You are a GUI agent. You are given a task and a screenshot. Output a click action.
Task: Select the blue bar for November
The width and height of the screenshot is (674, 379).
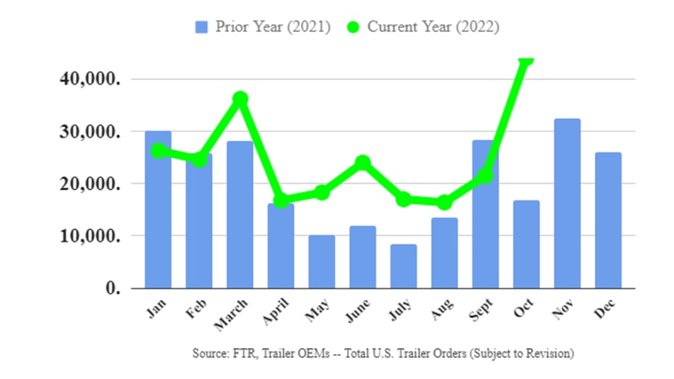click(567, 203)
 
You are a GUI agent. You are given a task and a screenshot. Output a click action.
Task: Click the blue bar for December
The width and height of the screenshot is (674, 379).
click(608, 220)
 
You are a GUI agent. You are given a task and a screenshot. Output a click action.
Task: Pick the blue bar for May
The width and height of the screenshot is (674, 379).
click(322, 262)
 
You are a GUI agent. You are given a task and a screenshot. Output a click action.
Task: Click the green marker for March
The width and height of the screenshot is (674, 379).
click(240, 99)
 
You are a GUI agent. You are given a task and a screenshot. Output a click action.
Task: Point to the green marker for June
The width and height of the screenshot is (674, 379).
click(362, 163)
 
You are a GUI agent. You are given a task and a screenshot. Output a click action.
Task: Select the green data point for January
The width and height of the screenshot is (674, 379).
click(158, 151)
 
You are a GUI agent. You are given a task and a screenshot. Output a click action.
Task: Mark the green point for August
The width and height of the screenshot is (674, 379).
click(444, 203)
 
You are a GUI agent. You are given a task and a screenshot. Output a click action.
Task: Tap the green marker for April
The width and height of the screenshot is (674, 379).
click(281, 200)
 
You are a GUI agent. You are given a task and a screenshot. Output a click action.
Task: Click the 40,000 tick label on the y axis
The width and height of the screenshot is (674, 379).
click(90, 79)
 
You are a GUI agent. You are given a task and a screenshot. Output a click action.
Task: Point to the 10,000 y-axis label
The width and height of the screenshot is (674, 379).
click(90, 236)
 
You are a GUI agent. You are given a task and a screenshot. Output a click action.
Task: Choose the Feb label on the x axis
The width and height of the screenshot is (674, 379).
click(196, 310)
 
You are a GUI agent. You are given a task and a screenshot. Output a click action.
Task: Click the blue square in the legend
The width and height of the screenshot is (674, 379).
click(202, 27)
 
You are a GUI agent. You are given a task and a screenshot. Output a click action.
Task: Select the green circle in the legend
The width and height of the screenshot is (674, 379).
click(353, 27)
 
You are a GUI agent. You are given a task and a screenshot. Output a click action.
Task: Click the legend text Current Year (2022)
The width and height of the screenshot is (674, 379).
click(433, 27)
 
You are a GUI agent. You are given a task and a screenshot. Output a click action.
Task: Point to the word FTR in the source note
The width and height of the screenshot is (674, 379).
click(238, 354)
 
